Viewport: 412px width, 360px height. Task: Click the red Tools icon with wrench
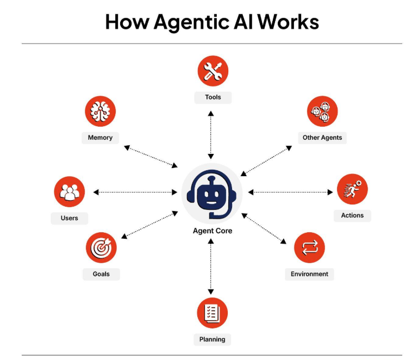[x=213, y=71]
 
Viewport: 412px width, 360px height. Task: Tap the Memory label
[x=100, y=138]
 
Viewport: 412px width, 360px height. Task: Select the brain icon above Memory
[x=100, y=111]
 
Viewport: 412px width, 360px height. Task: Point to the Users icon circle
[x=70, y=192]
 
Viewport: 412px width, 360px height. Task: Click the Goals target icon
[x=101, y=248]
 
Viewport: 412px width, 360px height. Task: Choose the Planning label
[x=212, y=339]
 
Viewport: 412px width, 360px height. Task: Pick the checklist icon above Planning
[x=212, y=313]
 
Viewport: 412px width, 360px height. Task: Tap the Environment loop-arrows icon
[x=309, y=248]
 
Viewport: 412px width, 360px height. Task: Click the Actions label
[x=352, y=215]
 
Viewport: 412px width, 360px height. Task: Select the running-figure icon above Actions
[x=352, y=189]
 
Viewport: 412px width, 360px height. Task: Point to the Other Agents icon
[x=322, y=111]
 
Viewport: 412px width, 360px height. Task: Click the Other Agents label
[x=322, y=138]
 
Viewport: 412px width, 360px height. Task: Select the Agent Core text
[x=212, y=231]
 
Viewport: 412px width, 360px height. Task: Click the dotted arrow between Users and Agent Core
[x=136, y=192]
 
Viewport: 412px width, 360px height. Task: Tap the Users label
[x=70, y=218]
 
